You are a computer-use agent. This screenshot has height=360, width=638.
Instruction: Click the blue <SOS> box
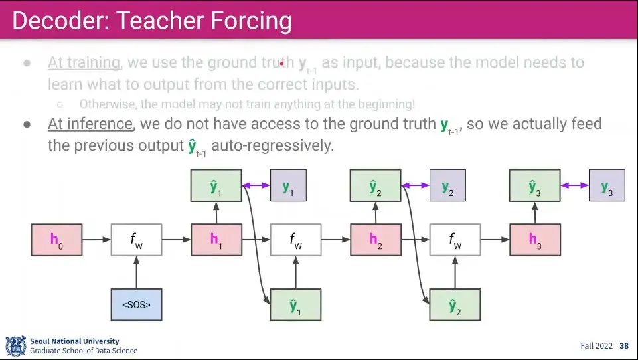click(x=136, y=305)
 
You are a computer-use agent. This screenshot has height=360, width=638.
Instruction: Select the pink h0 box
click(x=56, y=240)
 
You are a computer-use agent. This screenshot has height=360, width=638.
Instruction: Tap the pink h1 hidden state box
click(x=216, y=240)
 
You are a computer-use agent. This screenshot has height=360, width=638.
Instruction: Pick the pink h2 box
click(x=375, y=240)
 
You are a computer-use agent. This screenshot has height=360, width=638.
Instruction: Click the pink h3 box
click(x=534, y=240)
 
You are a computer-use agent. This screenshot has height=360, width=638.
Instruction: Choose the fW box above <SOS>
click(x=136, y=240)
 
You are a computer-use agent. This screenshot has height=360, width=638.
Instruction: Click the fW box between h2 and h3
click(x=455, y=240)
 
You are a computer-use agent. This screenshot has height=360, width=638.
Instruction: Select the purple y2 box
click(x=447, y=185)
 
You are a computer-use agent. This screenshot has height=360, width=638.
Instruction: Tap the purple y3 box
click(x=607, y=185)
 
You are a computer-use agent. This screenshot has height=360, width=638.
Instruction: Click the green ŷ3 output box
click(x=534, y=185)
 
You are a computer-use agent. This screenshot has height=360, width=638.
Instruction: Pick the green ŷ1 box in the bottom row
click(x=295, y=305)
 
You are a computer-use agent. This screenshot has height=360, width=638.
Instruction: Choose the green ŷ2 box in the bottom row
click(x=455, y=305)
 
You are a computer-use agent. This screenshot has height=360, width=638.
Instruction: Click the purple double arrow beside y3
click(x=574, y=185)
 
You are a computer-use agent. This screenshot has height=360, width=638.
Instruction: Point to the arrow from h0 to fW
click(x=96, y=240)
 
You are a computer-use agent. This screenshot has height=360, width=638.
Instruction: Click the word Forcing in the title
click(x=252, y=21)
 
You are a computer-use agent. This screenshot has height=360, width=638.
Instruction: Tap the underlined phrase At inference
click(x=90, y=124)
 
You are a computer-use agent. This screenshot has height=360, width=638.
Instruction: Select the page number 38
click(x=624, y=346)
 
